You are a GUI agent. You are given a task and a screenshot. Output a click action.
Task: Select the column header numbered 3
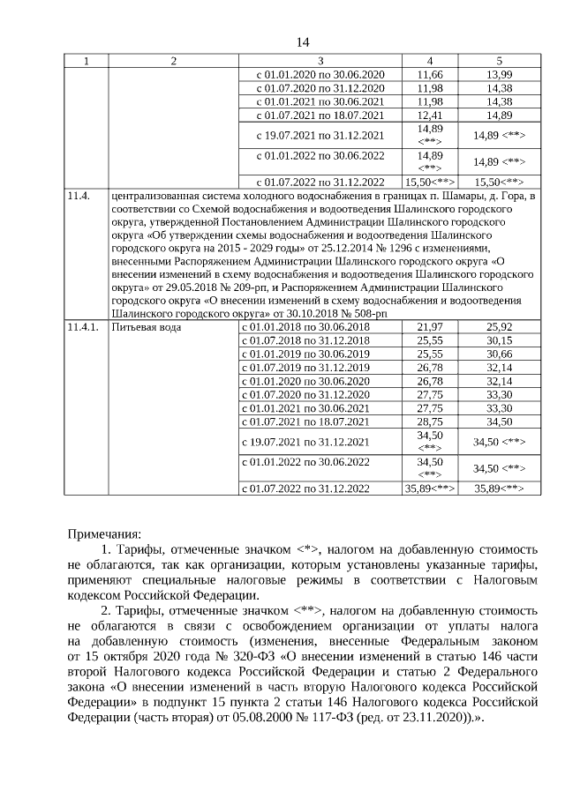click(320, 61)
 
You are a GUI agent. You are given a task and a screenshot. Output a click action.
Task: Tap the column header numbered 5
click(499, 61)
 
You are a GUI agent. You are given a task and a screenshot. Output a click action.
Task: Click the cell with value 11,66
click(429, 74)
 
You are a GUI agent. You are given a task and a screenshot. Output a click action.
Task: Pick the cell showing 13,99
click(499, 74)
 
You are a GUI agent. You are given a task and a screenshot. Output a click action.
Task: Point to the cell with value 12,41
click(429, 115)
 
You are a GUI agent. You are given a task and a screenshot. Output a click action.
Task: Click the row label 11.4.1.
click(80, 327)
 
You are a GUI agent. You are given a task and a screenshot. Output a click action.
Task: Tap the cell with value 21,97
click(429, 327)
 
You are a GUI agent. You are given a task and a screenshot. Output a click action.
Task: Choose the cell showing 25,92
click(499, 327)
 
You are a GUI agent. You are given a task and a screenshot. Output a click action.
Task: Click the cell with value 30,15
click(499, 340)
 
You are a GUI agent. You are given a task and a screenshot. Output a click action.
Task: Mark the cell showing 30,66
click(499, 354)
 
